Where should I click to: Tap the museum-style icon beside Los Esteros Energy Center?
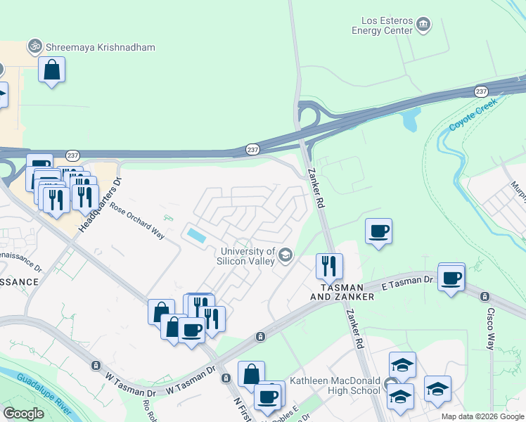coord(423,25)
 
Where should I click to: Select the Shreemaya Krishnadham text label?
coord(100,47)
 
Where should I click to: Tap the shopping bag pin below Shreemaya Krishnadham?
coord(51,70)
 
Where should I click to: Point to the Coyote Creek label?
coord(473,115)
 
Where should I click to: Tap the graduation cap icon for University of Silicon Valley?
coord(286,255)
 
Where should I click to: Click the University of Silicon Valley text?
coord(248,256)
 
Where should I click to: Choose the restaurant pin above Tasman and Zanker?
coord(329,266)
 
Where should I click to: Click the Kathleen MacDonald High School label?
coord(335,385)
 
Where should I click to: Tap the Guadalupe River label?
coord(43,387)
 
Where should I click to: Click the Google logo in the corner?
coord(23,414)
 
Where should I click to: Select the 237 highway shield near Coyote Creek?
coord(481,91)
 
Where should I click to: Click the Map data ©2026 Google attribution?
coord(482,416)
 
